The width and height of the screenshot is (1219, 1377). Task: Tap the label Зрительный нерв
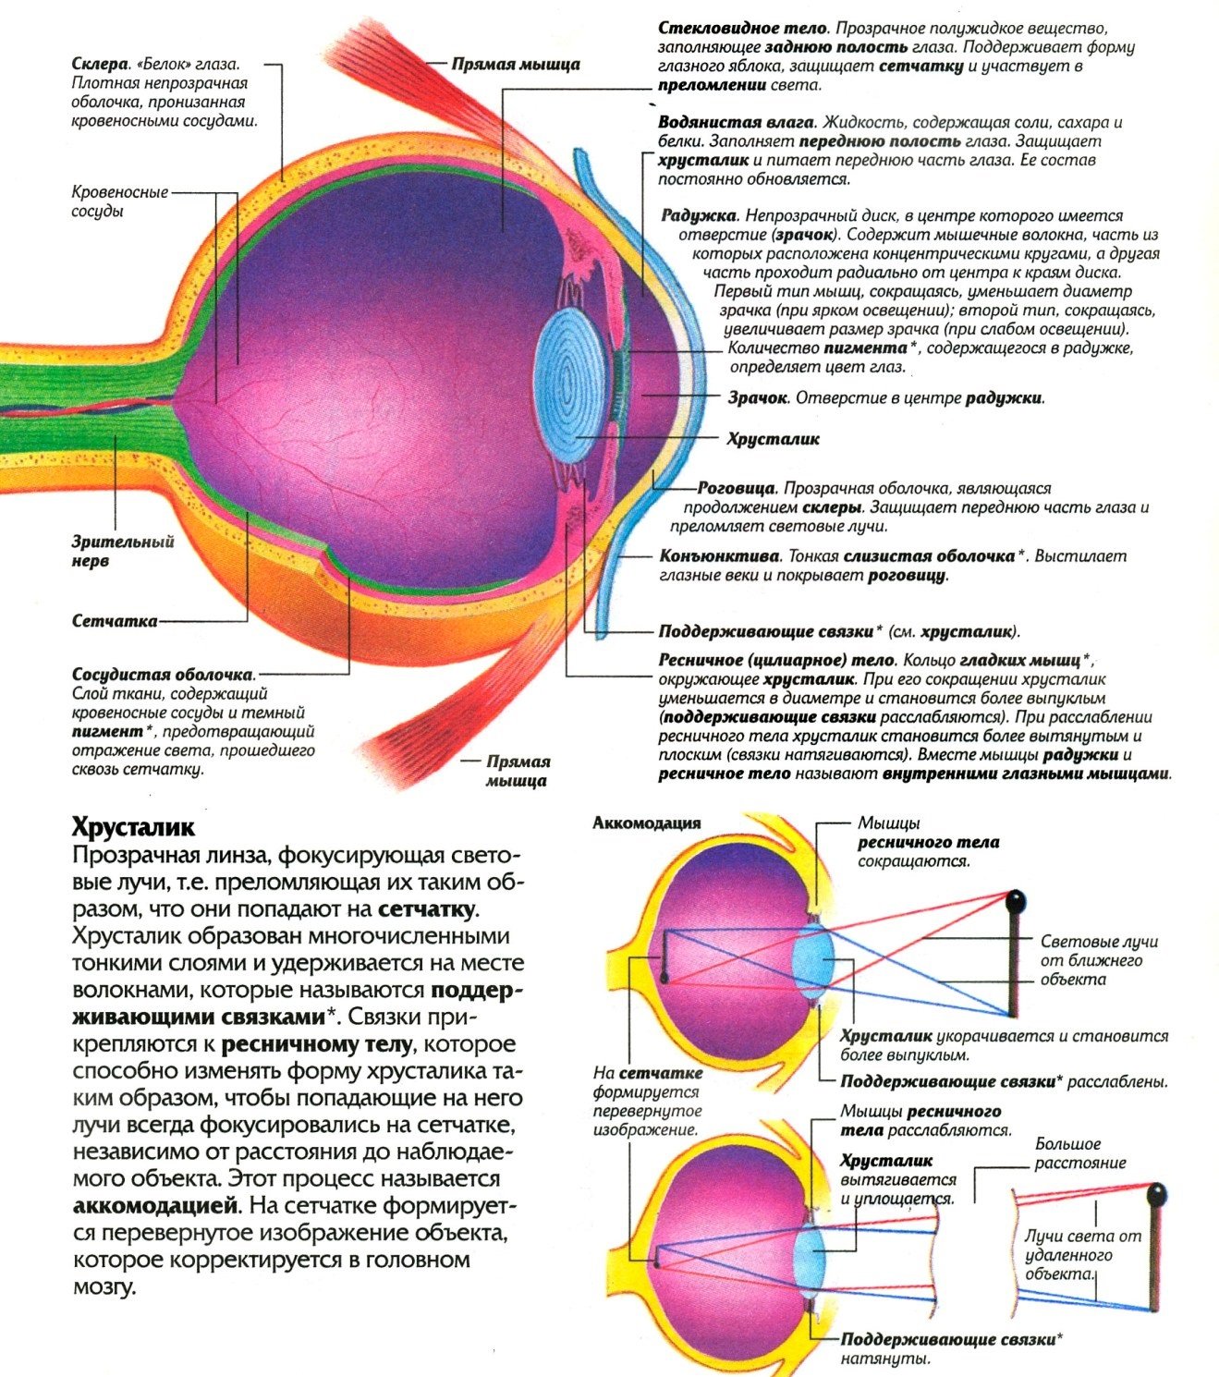pyautogui.click(x=123, y=552)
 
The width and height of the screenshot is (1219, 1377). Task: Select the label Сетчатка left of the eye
pyautogui.click(x=115, y=621)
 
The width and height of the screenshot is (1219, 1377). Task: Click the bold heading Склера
pyautogui.click(x=99, y=65)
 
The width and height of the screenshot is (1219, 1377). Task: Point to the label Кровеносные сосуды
pyautogui.click(x=120, y=201)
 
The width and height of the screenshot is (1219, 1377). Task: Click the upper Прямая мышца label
pyautogui.click(x=516, y=64)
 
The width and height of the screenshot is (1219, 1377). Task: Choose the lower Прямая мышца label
pyautogui.click(x=518, y=771)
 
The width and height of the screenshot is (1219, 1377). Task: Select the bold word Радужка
pyautogui.click(x=698, y=215)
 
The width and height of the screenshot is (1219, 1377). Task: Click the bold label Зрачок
pyautogui.click(x=757, y=398)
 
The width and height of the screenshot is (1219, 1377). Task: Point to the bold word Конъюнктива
pyautogui.click(x=720, y=556)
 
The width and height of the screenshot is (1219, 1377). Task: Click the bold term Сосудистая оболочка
pyautogui.click(x=162, y=675)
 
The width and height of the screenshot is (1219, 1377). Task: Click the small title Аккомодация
pyautogui.click(x=646, y=823)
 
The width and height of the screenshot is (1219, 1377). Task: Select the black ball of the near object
pyautogui.click(x=1016, y=900)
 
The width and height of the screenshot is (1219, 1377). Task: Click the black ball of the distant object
pyautogui.click(x=1155, y=1195)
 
